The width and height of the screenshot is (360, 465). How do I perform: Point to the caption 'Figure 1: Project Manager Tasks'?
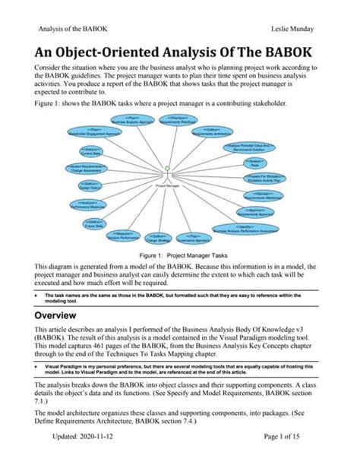click(179, 257)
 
